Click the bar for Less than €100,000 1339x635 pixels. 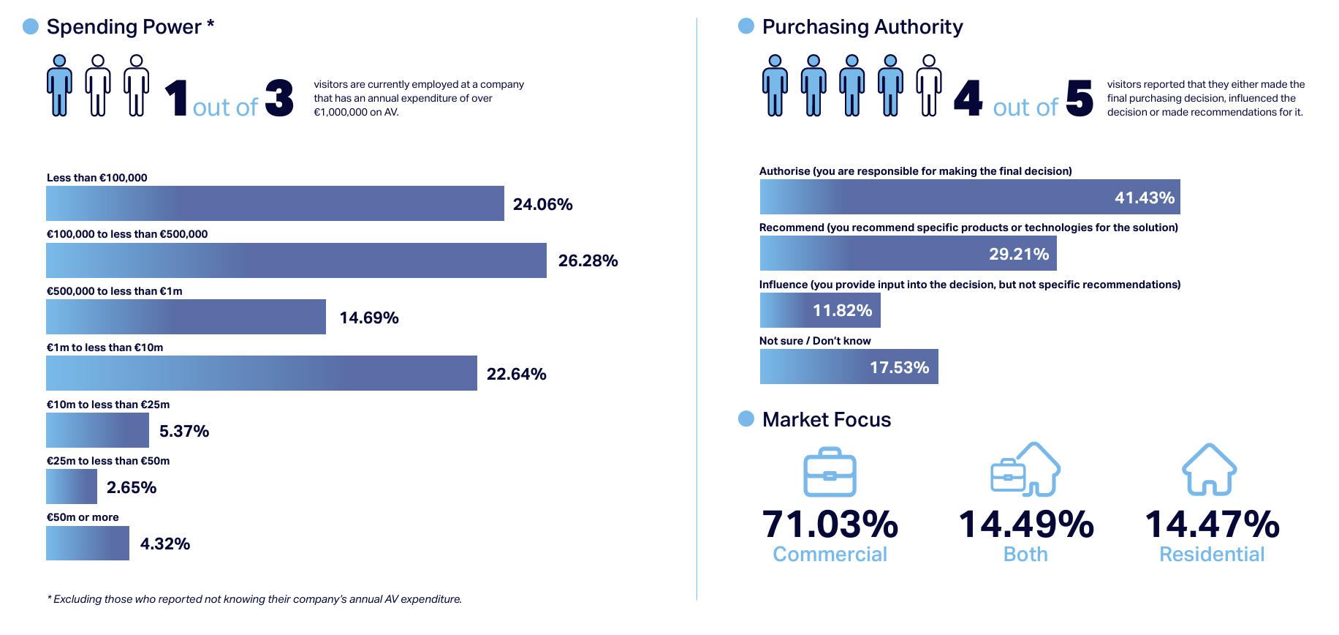pyautogui.click(x=275, y=203)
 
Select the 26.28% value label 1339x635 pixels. pyautogui.click(x=588, y=261)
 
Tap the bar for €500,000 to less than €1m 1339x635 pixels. pyautogui.click(x=186, y=317)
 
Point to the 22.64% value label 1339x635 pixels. pyautogui.click(x=516, y=375)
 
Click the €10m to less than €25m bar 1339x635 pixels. pyautogui.click(x=97, y=430)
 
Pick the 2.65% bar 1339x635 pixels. pyautogui.click(x=72, y=486)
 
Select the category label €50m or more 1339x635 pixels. pyautogui.click(x=83, y=517)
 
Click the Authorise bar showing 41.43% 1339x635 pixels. pyautogui.click(x=969, y=197)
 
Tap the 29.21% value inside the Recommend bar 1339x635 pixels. pyautogui.click(x=1018, y=254)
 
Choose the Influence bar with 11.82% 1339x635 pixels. pyautogui.click(x=820, y=310)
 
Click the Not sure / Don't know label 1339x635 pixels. pyautogui.click(x=815, y=341)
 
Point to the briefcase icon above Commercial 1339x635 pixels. pyautogui.click(x=830, y=473)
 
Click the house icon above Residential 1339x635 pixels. pyautogui.click(x=1210, y=470)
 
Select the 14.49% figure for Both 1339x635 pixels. pyautogui.click(x=1025, y=525)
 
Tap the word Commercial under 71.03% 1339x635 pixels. pyautogui.click(x=830, y=555)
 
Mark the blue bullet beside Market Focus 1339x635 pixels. pyautogui.click(x=746, y=418)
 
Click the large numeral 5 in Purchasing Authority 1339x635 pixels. pyautogui.click(x=1080, y=98)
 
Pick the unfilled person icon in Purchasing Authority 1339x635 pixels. pyautogui.click(x=928, y=86)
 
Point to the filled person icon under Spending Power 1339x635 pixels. pyautogui.click(x=59, y=86)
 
